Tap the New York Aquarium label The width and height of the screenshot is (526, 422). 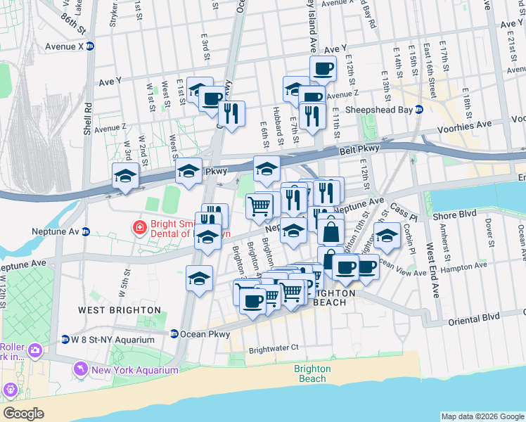134,370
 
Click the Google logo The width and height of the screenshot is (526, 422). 23,413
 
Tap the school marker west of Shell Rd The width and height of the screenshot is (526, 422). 124,176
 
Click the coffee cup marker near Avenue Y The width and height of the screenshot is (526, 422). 323,69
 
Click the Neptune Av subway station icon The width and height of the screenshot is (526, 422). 86,231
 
